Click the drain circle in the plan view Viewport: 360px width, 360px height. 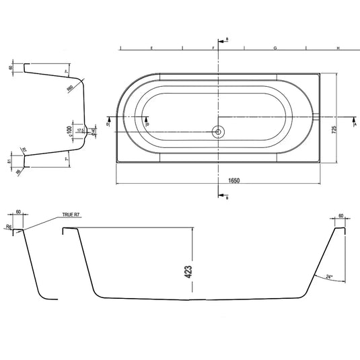click(x=218, y=131)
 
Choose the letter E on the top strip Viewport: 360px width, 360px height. click(x=151, y=49)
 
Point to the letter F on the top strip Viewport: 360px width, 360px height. click(x=213, y=49)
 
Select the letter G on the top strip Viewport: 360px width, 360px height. click(x=275, y=49)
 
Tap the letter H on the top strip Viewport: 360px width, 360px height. click(x=336, y=49)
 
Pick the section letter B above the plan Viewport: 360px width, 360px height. click(x=227, y=40)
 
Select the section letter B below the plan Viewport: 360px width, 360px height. click(x=227, y=198)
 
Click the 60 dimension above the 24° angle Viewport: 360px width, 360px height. click(x=341, y=216)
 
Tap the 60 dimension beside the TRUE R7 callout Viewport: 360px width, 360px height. click(x=18, y=212)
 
